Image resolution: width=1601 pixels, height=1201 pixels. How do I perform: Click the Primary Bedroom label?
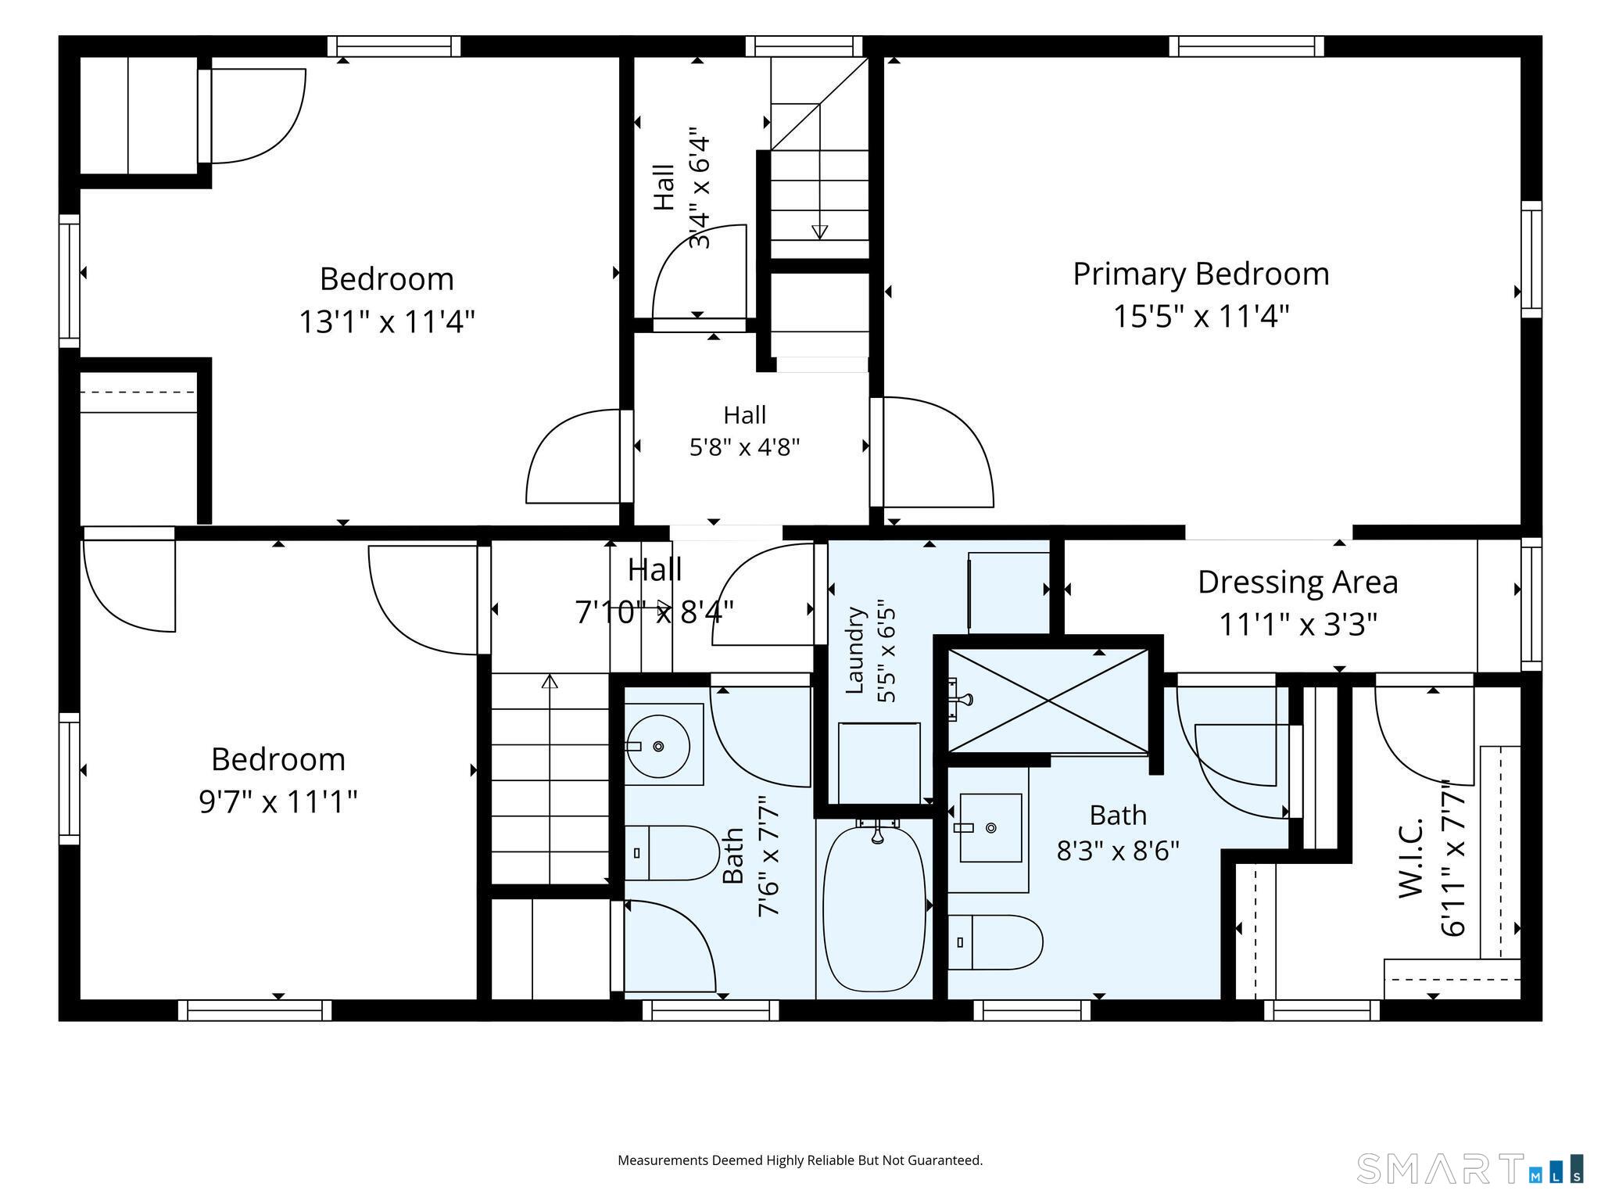click(1201, 274)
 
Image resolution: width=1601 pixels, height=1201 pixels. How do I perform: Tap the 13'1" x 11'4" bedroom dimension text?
click(387, 321)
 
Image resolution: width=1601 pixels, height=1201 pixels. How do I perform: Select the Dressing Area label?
click(1298, 582)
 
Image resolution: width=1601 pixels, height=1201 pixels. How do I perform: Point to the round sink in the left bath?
click(657, 747)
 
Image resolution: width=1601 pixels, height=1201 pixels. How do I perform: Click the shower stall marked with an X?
click(1048, 701)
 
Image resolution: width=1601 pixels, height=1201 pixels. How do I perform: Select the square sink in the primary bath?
click(990, 827)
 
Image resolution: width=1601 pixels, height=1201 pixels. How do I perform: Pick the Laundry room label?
click(854, 650)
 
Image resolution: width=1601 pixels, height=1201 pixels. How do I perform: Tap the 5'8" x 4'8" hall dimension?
click(744, 448)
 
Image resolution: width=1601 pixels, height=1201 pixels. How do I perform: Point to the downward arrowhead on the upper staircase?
click(819, 231)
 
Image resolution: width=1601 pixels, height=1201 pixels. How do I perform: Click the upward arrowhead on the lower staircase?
click(550, 681)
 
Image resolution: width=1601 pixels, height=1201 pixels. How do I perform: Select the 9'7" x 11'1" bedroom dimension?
click(278, 801)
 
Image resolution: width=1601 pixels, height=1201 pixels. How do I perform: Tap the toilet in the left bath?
click(672, 853)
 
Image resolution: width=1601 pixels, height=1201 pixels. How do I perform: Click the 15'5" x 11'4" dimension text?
click(1201, 317)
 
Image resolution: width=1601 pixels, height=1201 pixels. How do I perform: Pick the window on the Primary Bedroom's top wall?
click(1247, 46)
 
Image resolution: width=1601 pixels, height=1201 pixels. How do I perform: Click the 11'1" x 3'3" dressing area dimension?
click(1298, 625)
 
